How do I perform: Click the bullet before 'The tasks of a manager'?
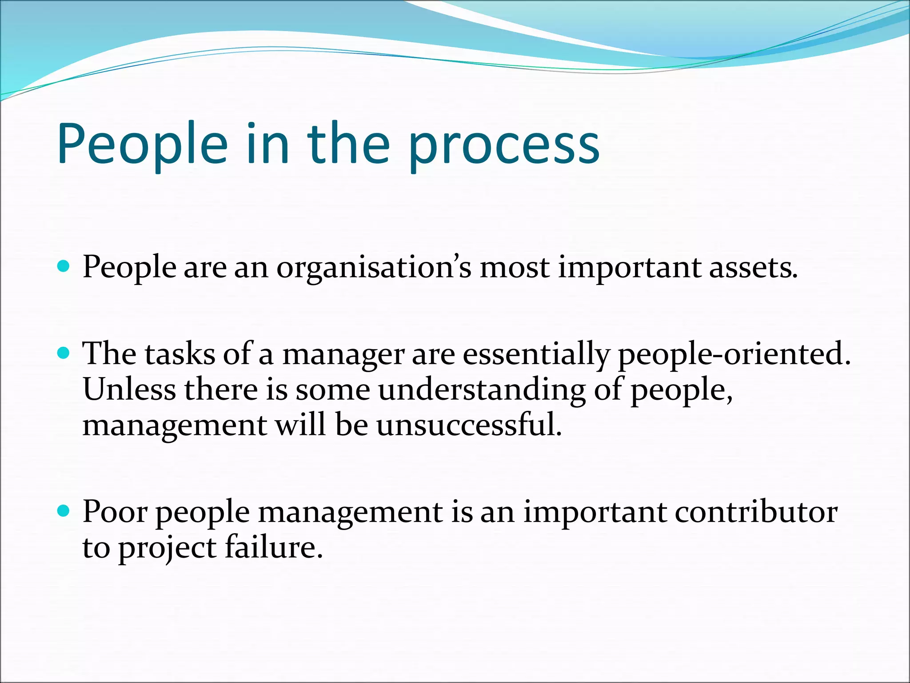click(x=64, y=354)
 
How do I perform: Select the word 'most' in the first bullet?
click(x=514, y=268)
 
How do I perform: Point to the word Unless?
click(x=129, y=390)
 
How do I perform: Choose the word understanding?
click(x=482, y=390)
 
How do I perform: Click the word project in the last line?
click(x=167, y=548)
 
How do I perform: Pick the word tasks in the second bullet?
click(x=180, y=355)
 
